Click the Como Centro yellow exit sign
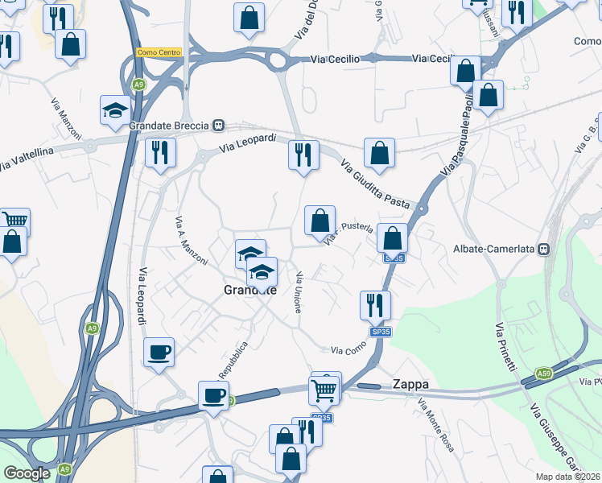[x=159, y=52]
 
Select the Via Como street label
[x=348, y=347]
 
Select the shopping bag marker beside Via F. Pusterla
[x=320, y=220]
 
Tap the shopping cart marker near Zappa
[x=324, y=390]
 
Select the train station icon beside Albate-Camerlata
[x=544, y=249]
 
